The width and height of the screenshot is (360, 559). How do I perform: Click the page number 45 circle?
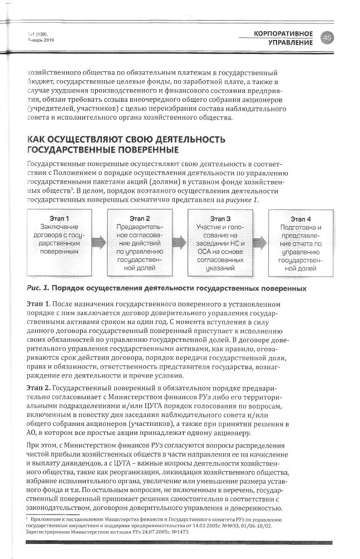click(x=327, y=37)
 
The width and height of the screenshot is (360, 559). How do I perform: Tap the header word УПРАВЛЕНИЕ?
click(x=290, y=43)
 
